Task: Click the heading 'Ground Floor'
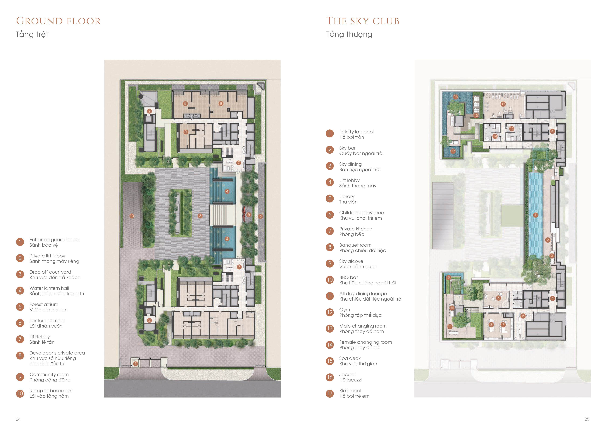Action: [x=58, y=21]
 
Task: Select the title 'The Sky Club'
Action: [x=363, y=21]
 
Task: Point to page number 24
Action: [x=18, y=419]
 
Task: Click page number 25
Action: [x=587, y=419]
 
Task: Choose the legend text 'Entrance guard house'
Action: [x=54, y=240]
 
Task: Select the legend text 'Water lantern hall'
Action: [x=49, y=288]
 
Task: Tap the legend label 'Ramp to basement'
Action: [x=51, y=390]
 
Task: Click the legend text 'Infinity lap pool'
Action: [x=356, y=132]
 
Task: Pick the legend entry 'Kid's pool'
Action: [x=350, y=390]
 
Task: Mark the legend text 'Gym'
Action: [x=345, y=310]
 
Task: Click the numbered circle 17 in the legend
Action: [x=330, y=393]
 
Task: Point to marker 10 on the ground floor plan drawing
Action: [x=132, y=216]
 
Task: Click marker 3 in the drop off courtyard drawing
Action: [x=200, y=216]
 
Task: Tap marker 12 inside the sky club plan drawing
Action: [x=503, y=104]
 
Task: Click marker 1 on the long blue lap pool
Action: [x=535, y=215]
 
